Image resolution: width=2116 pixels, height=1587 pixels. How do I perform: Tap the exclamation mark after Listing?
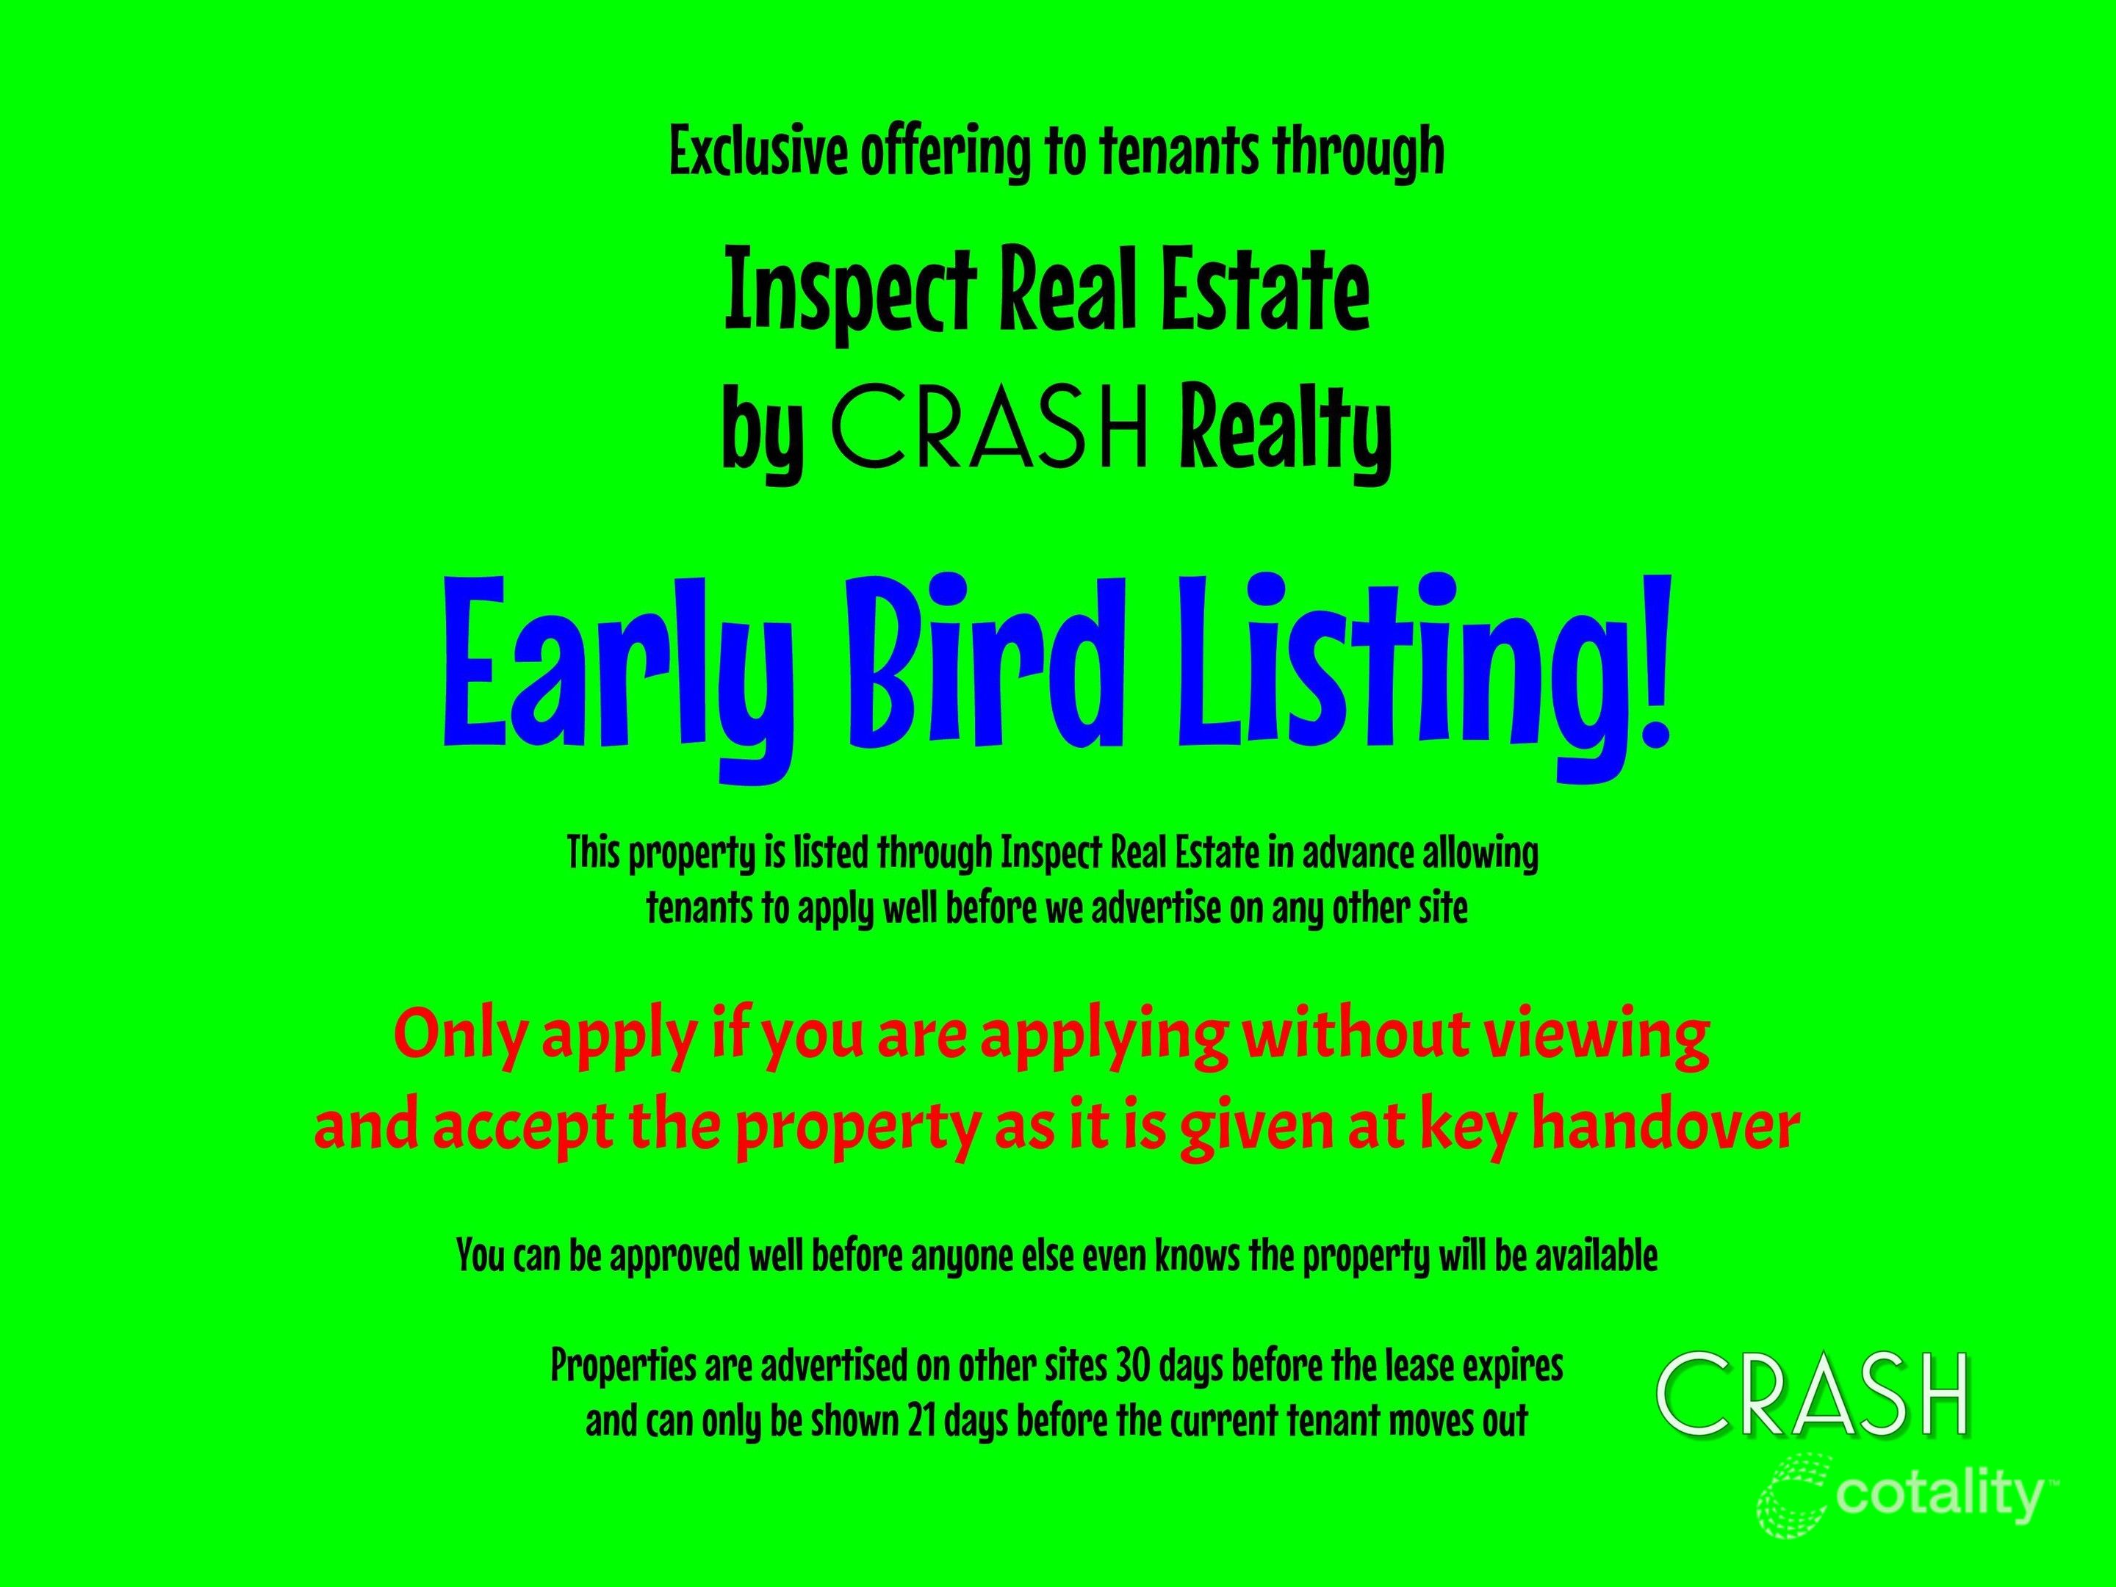click(x=1652, y=660)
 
